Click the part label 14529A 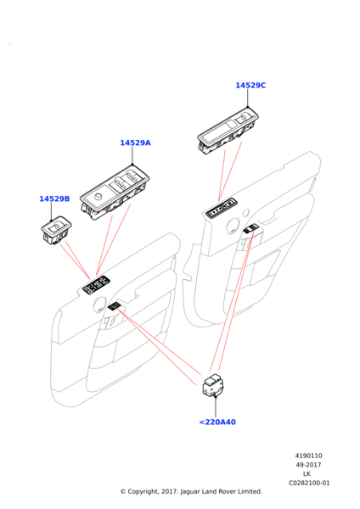pos(136,143)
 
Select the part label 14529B pos(54,199)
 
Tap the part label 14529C pos(250,86)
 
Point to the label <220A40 pos(217,422)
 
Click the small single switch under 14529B pos(56,230)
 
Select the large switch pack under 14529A pos(115,193)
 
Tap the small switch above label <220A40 pos(213,385)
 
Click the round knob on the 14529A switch pos(98,197)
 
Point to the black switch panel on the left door pos(96,285)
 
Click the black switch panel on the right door pos(222,209)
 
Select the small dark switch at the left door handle pos(114,305)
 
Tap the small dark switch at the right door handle pos(250,229)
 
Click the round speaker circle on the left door pos(98,305)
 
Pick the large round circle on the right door pos(233,226)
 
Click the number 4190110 pos(309,456)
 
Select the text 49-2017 pos(308,465)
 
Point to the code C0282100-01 pos(309,483)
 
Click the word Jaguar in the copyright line pos(189,492)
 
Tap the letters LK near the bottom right pos(307,474)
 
